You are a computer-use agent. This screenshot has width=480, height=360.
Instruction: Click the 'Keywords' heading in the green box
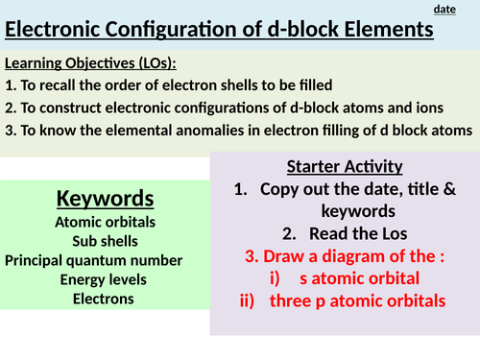click(x=105, y=199)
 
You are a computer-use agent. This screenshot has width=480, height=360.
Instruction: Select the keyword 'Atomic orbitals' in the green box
click(x=105, y=223)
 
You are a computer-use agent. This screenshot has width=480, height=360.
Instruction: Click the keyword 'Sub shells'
click(x=105, y=241)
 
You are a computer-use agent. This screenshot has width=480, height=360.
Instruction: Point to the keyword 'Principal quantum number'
click(x=105, y=260)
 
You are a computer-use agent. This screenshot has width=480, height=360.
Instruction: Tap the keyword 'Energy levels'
click(x=105, y=279)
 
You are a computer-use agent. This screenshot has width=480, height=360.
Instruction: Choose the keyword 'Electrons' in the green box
click(x=105, y=299)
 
